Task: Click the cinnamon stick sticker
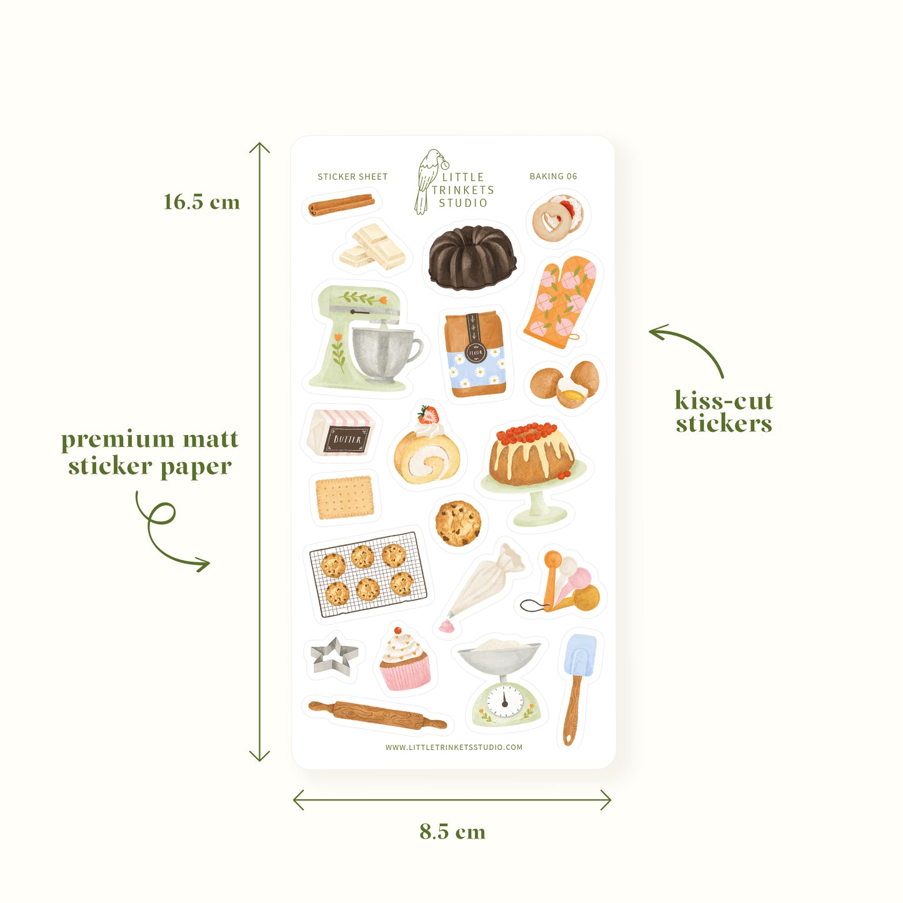click(x=341, y=205)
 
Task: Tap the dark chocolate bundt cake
click(x=472, y=257)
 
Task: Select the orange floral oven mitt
click(x=560, y=302)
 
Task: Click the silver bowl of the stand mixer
click(x=385, y=354)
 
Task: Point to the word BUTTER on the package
click(x=347, y=439)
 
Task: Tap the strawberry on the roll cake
click(x=428, y=415)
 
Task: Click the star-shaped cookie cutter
click(x=334, y=656)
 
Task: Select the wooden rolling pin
click(x=377, y=715)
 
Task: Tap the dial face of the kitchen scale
click(x=505, y=701)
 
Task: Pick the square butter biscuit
click(x=344, y=497)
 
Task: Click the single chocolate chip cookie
click(x=458, y=524)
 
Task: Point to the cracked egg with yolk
click(x=572, y=392)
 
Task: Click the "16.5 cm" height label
click(x=201, y=202)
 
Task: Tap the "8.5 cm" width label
click(x=452, y=831)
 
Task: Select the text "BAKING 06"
click(x=553, y=176)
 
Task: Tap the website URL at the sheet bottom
click(x=454, y=747)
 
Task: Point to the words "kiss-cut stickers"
click(x=724, y=412)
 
